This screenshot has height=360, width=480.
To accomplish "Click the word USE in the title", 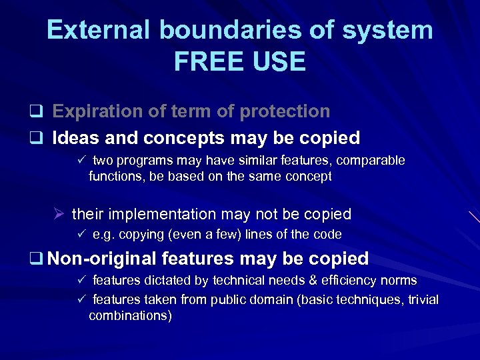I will tap(279, 61).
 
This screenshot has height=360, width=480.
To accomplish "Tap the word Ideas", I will tap(73, 138).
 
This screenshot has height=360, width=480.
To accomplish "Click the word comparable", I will tap(370, 161).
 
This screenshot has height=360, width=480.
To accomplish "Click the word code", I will tap(327, 235).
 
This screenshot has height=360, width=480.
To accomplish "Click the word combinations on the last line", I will tap(130, 315).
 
